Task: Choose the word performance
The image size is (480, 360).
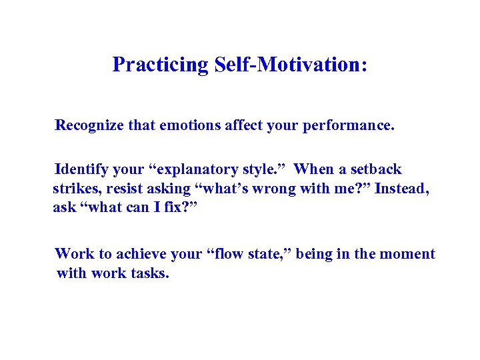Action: pos(350,125)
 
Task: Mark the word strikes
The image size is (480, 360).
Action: pos(74,189)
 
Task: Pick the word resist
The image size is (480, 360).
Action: pos(121,189)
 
